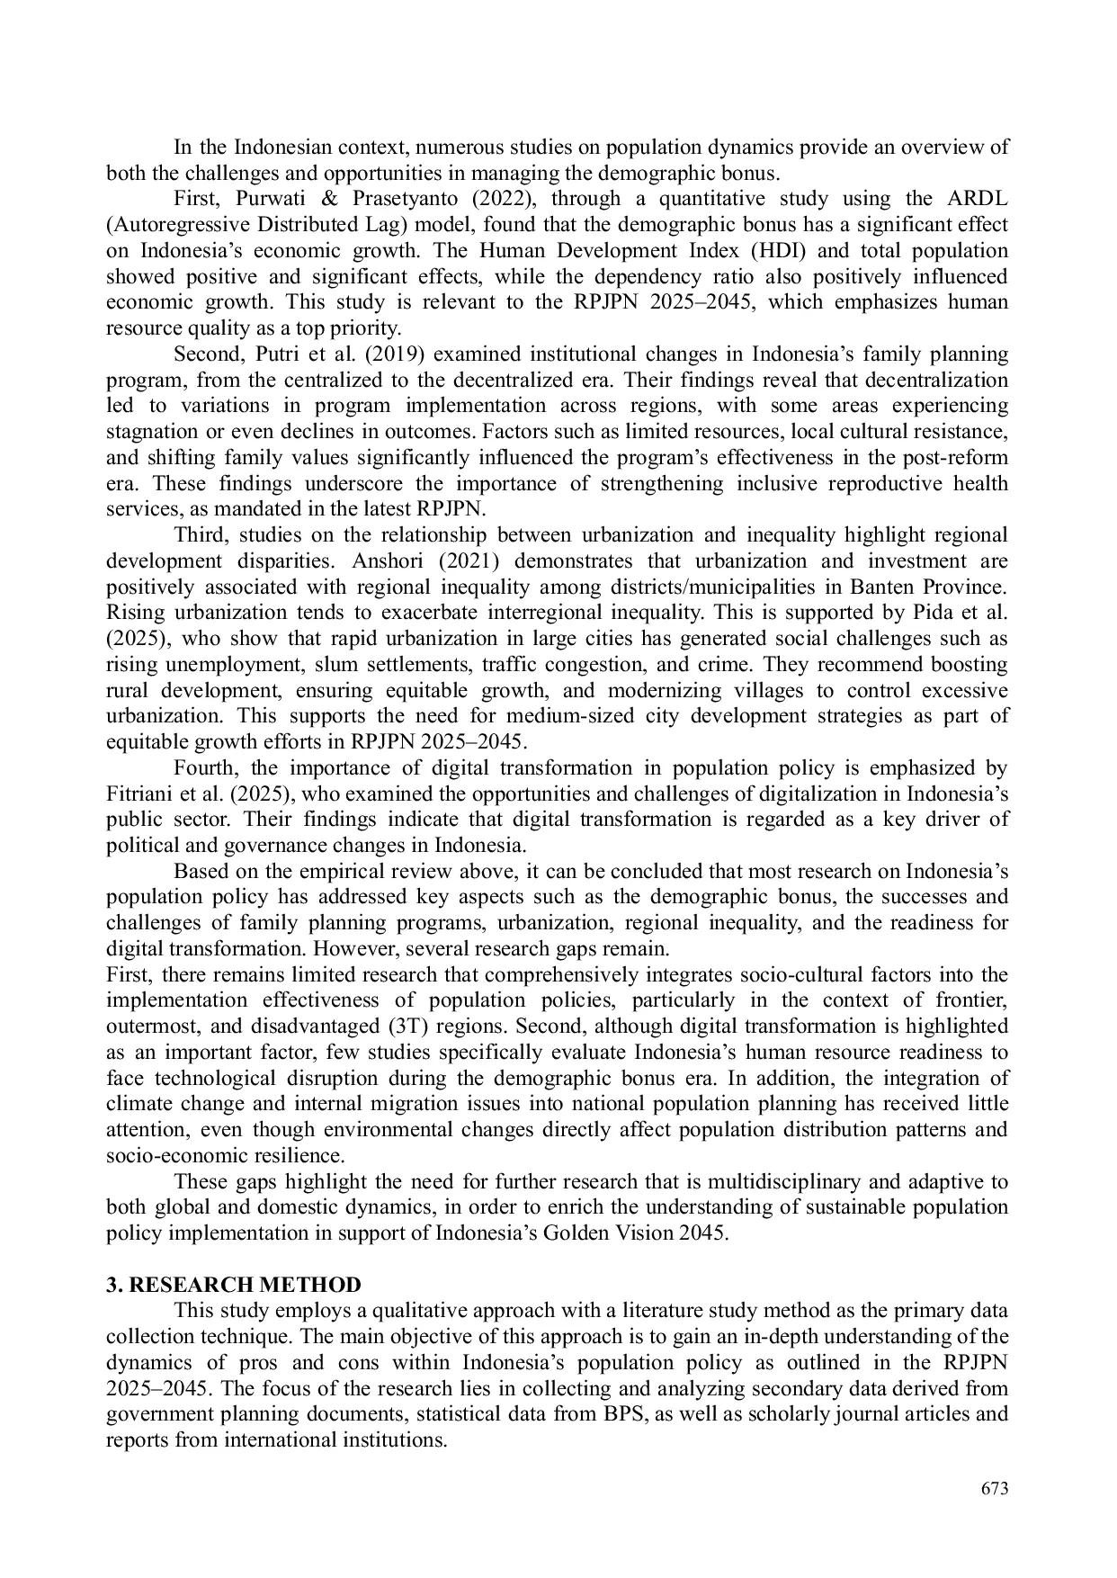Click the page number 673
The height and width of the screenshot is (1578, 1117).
pyautogui.click(x=995, y=1489)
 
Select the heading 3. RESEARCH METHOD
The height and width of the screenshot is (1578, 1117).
pyautogui.click(x=233, y=1285)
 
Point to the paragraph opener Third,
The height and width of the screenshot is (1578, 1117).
pyautogui.click(x=201, y=535)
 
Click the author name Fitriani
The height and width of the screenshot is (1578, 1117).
pyautogui.click(x=139, y=794)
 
